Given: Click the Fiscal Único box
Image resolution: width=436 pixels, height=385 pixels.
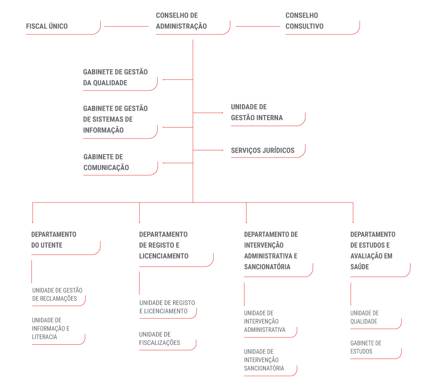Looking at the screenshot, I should [47, 26].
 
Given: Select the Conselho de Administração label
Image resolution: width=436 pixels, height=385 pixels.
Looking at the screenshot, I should [181, 21].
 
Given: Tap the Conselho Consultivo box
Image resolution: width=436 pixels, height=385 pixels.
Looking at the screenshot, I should [304, 21].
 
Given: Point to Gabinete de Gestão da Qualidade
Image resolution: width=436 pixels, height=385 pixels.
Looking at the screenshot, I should [115, 77].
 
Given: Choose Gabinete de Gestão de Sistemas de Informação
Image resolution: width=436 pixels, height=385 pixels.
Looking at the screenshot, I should [115, 119].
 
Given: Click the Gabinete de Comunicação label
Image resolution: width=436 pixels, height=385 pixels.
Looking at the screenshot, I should [106, 162].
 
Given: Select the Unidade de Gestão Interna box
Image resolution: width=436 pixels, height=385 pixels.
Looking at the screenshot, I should [257, 112].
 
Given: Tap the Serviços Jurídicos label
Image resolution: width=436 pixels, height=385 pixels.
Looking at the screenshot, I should [262, 151].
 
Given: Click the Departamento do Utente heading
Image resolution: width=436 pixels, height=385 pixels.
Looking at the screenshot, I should [53, 240].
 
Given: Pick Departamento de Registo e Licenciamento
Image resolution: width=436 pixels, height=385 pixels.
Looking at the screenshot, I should [164, 245].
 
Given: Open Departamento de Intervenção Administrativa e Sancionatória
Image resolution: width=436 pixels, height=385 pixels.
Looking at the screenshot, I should [271, 251].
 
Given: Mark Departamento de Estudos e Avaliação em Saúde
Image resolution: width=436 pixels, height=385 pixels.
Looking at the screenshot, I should [373, 251].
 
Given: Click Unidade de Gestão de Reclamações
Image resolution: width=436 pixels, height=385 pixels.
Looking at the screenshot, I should [57, 295].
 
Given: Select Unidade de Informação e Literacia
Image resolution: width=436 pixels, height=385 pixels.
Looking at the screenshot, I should [51, 329].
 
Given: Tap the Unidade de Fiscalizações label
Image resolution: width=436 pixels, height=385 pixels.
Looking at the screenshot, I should [160, 339].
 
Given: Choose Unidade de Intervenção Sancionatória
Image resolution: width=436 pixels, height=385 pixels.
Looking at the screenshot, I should [264, 360].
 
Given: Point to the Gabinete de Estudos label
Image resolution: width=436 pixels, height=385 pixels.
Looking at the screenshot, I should [366, 347].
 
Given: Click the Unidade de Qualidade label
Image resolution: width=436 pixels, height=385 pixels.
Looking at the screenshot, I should [364, 317].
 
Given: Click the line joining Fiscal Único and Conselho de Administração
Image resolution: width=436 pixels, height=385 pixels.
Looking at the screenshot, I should [126, 26].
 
